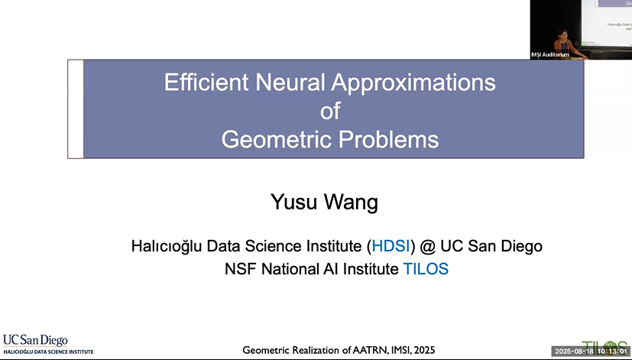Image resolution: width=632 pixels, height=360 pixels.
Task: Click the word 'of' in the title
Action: coord(330,112)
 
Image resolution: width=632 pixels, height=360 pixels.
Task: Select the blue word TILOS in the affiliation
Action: coord(426,269)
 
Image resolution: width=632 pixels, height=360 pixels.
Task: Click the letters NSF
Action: coord(239,269)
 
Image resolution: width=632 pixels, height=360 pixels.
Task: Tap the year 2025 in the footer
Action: coord(421,350)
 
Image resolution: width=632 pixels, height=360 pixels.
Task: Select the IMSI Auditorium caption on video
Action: coord(550,54)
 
